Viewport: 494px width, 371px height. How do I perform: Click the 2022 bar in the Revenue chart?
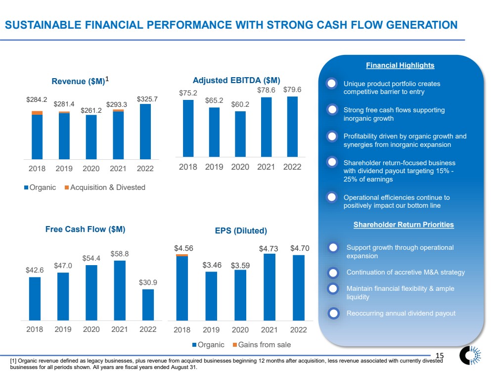coord(145,131)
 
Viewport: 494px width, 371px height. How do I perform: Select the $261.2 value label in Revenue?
coord(91,109)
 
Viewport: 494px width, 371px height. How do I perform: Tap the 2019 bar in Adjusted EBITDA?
coord(214,131)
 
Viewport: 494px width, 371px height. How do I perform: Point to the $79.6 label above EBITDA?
coord(292,90)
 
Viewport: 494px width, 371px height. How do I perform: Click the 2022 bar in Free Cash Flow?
coord(148,304)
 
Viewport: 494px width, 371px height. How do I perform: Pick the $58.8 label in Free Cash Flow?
coord(119,253)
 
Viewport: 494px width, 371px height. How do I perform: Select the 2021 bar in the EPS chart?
coord(269,287)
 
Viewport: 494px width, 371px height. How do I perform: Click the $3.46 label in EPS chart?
coord(212,265)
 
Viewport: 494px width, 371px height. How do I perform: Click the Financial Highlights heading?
coord(400,65)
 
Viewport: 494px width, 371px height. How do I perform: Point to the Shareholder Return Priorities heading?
coord(404,225)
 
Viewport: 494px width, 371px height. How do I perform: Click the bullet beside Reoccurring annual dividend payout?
coord(334,313)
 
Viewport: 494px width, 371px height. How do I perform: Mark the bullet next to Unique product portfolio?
coord(332,84)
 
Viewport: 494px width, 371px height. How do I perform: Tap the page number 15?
coord(440,355)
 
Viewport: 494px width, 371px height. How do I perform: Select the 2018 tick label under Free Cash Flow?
coord(34,329)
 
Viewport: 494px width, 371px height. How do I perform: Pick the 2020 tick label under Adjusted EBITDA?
coord(240,167)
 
